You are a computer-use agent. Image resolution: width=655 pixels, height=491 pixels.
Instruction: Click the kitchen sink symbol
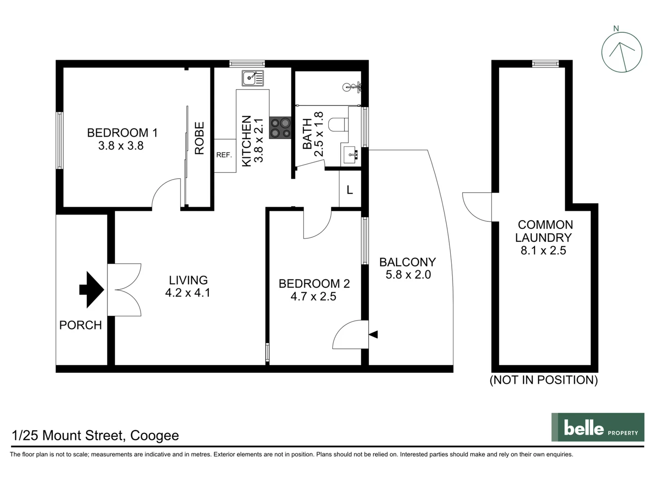point(252,78)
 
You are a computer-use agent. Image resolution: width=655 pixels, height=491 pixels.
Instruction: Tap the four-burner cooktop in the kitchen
point(280,128)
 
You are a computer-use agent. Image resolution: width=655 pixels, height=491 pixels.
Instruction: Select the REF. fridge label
point(224,155)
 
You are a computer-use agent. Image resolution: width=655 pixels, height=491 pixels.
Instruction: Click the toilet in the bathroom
point(338,124)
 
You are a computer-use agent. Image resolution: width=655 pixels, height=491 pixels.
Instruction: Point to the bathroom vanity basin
point(350,155)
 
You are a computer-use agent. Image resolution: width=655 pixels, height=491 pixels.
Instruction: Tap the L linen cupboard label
point(350,190)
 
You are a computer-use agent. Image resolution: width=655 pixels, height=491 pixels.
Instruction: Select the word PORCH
point(81,325)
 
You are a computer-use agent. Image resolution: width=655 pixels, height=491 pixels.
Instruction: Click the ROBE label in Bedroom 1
point(199,138)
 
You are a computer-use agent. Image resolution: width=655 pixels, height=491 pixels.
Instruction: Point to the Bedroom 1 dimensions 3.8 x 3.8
point(121,145)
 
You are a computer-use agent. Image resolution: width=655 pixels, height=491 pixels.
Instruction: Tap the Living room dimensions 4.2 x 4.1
point(188,293)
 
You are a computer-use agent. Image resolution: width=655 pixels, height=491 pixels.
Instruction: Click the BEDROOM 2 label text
point(314,284)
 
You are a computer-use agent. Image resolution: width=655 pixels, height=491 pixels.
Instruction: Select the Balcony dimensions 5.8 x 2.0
point(408,275)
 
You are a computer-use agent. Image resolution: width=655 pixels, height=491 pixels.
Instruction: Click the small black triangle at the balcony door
point(373,335)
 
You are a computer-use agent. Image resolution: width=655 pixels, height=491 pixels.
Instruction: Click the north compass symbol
point(621,52)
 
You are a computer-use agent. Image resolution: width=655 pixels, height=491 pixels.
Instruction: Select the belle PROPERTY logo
point(598,427)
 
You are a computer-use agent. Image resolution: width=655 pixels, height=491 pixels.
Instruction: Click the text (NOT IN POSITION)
point(544,380)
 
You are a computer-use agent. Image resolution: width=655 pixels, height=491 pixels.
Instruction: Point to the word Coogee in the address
point(154,436)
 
